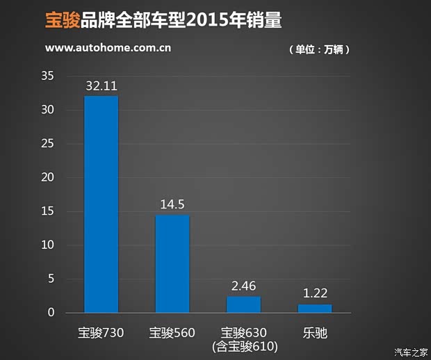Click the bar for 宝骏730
point(101,204)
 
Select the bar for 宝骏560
point(172,264)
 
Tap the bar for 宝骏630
point(243,304)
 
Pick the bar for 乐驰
point(315,309)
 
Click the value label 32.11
point(101,87)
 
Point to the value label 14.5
point(172,206)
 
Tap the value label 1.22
point(315,295)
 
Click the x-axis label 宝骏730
point(101,333)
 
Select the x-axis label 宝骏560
point(172,333)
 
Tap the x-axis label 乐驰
point(315,333)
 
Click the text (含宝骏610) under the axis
point(243,346)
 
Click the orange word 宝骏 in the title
point(61,20)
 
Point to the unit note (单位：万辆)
point(318,49)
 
